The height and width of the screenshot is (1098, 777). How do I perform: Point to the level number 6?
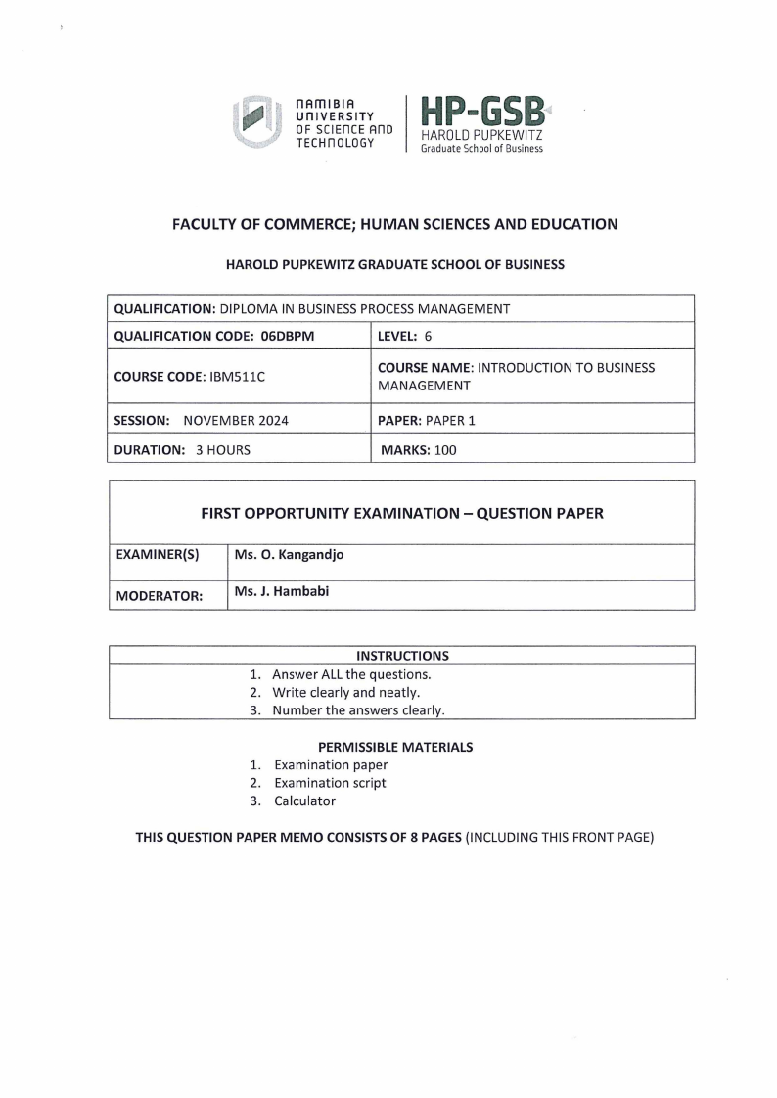click(429, 336)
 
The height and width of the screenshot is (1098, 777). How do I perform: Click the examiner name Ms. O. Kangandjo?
click(290, 555)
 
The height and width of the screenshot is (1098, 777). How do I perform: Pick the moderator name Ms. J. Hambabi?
click(282, 591)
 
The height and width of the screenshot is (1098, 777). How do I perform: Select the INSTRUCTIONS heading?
click(402, 655)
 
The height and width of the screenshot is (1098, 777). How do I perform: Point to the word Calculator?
click(304, 801)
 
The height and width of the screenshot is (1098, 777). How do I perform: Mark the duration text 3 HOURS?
click(218, 451)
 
